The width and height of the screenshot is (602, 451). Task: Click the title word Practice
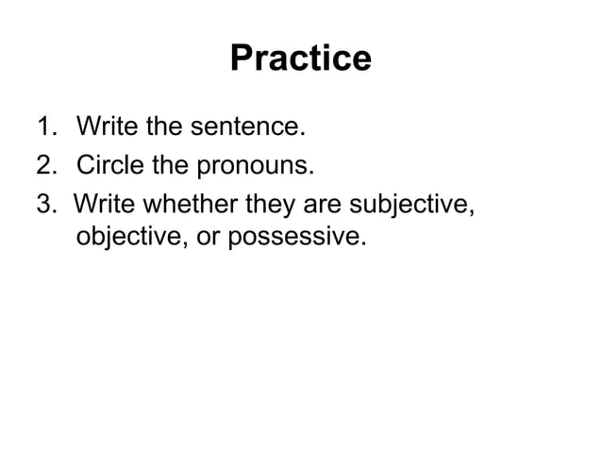[300, 59]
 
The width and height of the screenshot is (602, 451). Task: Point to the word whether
[178, 204]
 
